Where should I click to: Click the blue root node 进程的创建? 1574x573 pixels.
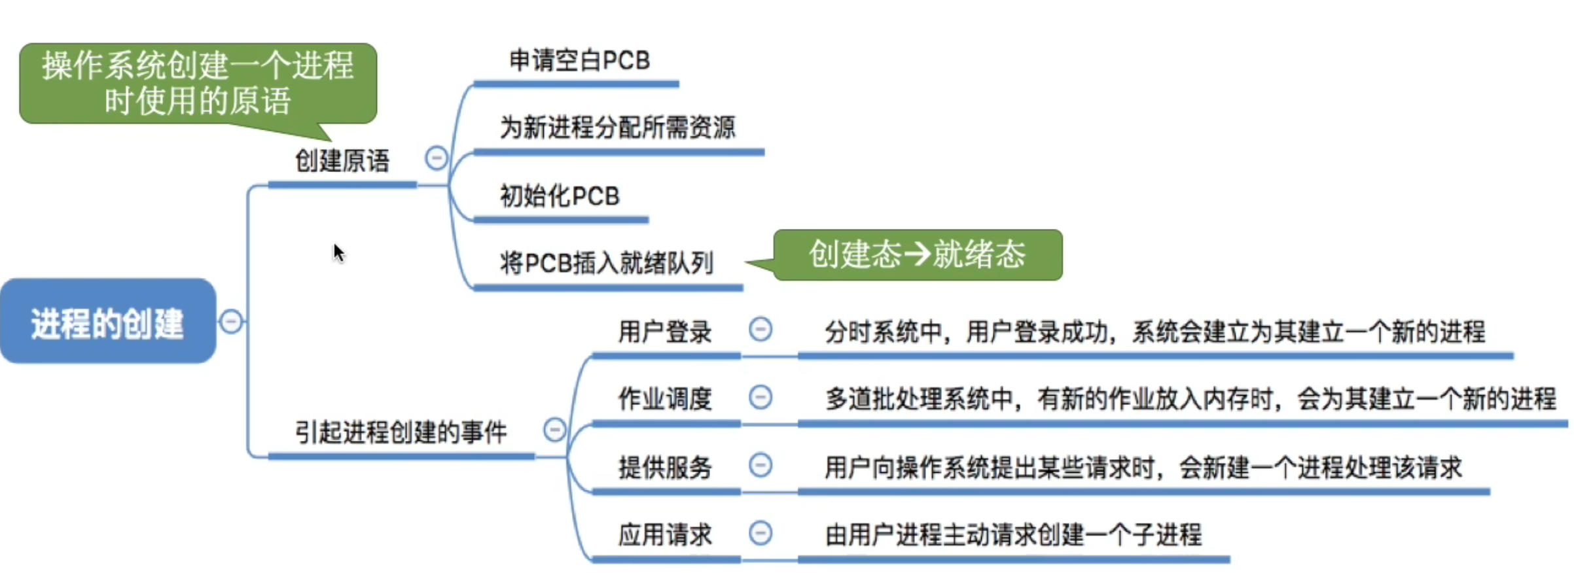pos(108,322)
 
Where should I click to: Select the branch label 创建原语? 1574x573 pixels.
pos(342,161)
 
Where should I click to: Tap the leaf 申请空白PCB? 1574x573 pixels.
pos(579,61)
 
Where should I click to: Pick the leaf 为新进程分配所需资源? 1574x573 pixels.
pos(617,128)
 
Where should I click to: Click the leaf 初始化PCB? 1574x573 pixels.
pos(560,196)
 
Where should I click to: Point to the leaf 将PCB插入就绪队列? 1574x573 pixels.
pos(606,263)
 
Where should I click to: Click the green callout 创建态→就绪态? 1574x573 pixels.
pos(917,254)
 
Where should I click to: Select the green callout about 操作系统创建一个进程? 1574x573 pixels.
pos(198,83)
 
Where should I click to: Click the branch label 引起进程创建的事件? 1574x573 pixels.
pos(401,432)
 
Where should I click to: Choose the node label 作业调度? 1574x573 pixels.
pos(665,399)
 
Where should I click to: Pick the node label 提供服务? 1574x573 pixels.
pos(665,468)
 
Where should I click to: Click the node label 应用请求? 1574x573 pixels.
pos(665,535)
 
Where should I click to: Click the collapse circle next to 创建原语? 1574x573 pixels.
pos(437,158)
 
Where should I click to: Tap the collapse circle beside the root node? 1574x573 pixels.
pos(231,321)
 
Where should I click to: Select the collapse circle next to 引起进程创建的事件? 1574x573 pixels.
pos(554,430)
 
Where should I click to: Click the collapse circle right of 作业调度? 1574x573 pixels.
pos(760,397)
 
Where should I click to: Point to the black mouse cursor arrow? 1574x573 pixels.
pos(338,252)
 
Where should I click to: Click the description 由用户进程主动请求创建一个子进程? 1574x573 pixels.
pos(1013,535)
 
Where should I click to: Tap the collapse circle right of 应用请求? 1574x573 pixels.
pos(760,532)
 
